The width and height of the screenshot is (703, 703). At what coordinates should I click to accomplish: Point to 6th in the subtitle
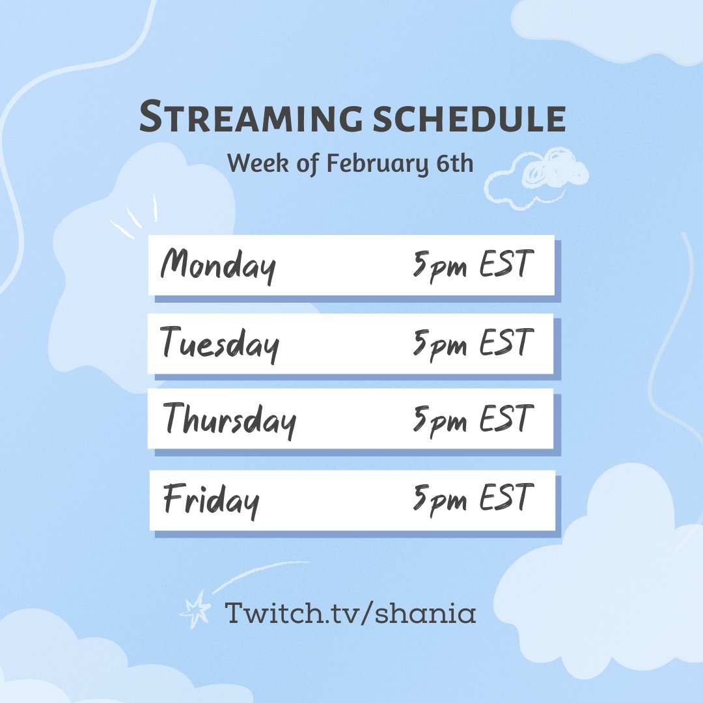453,163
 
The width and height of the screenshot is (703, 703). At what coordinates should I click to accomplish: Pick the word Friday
211,501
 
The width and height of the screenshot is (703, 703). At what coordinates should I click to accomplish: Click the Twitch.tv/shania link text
350,613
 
